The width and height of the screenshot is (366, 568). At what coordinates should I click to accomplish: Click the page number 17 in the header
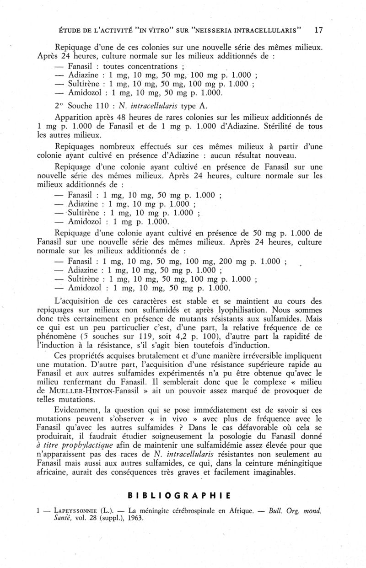coord(319,31)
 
